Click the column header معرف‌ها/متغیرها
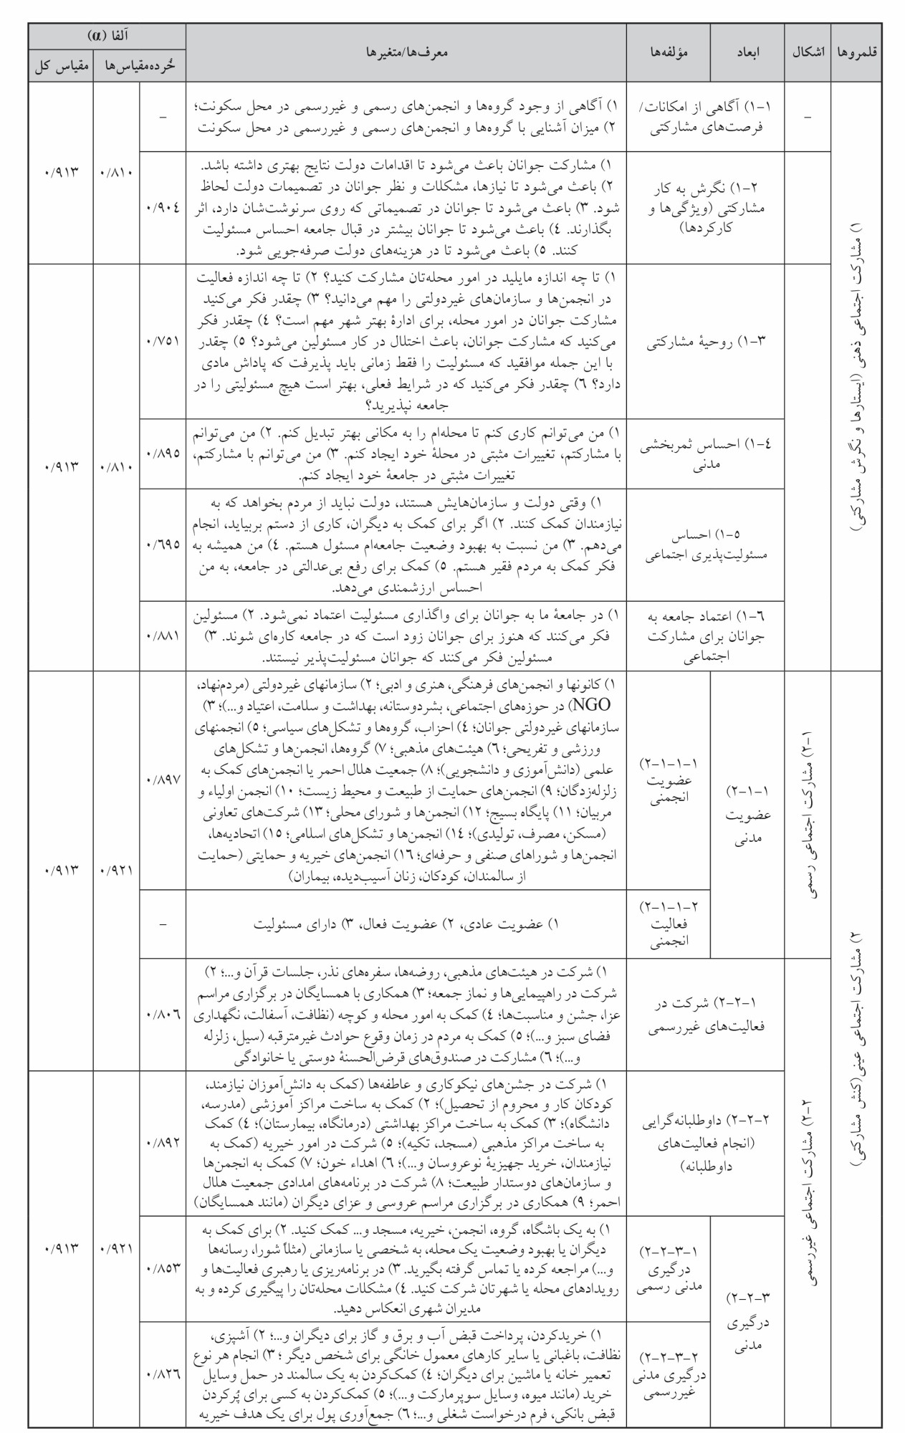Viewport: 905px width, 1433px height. pyautogui.click(x=406, y=53)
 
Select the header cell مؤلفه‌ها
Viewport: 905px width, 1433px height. pyautogui.click(x=669, y=53)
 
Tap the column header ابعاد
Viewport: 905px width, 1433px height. pyautogui.click(x=749, y=53)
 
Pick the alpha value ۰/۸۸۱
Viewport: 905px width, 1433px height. pyautogui.click(x=163, y=636)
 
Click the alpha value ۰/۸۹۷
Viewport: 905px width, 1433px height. pyautogui.click(x=163, y=779)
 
